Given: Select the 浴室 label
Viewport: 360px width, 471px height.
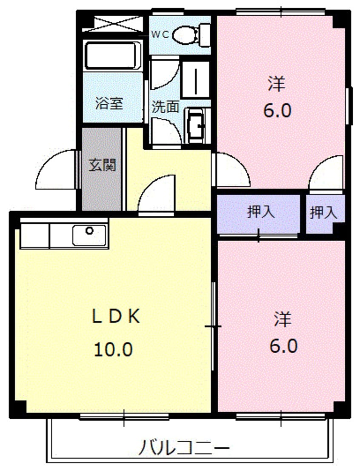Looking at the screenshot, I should point(109,104).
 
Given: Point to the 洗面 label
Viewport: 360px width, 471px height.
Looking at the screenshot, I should point(166,106).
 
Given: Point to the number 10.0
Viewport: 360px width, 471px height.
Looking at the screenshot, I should point(113,350).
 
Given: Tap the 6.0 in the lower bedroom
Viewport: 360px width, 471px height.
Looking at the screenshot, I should point(283,346).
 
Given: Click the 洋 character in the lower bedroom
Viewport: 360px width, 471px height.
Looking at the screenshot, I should point(283,319).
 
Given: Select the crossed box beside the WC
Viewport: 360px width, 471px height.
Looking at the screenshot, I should point(112,23).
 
